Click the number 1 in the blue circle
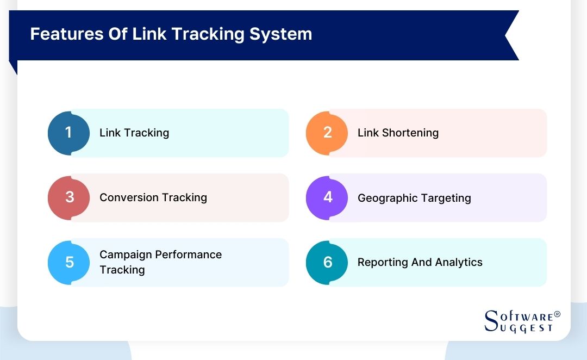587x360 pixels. pos(68,133)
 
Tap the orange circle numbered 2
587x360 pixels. pos(327,133)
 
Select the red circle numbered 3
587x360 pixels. pos(69,197)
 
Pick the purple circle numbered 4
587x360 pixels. pos(327,197)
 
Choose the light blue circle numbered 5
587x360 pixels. pos(69,262)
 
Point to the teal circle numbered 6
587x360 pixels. pos(327,262)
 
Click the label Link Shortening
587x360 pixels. pos(398,133)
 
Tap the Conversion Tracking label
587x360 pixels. pos(153,197)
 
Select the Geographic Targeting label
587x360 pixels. pos(414,198)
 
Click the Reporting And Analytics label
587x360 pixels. pos(420,262)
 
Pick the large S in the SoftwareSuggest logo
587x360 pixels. pos(491,321)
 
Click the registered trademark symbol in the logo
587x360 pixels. pos(557,315)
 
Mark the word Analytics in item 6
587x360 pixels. pos(458,262)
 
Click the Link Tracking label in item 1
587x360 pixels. pos(134,133)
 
